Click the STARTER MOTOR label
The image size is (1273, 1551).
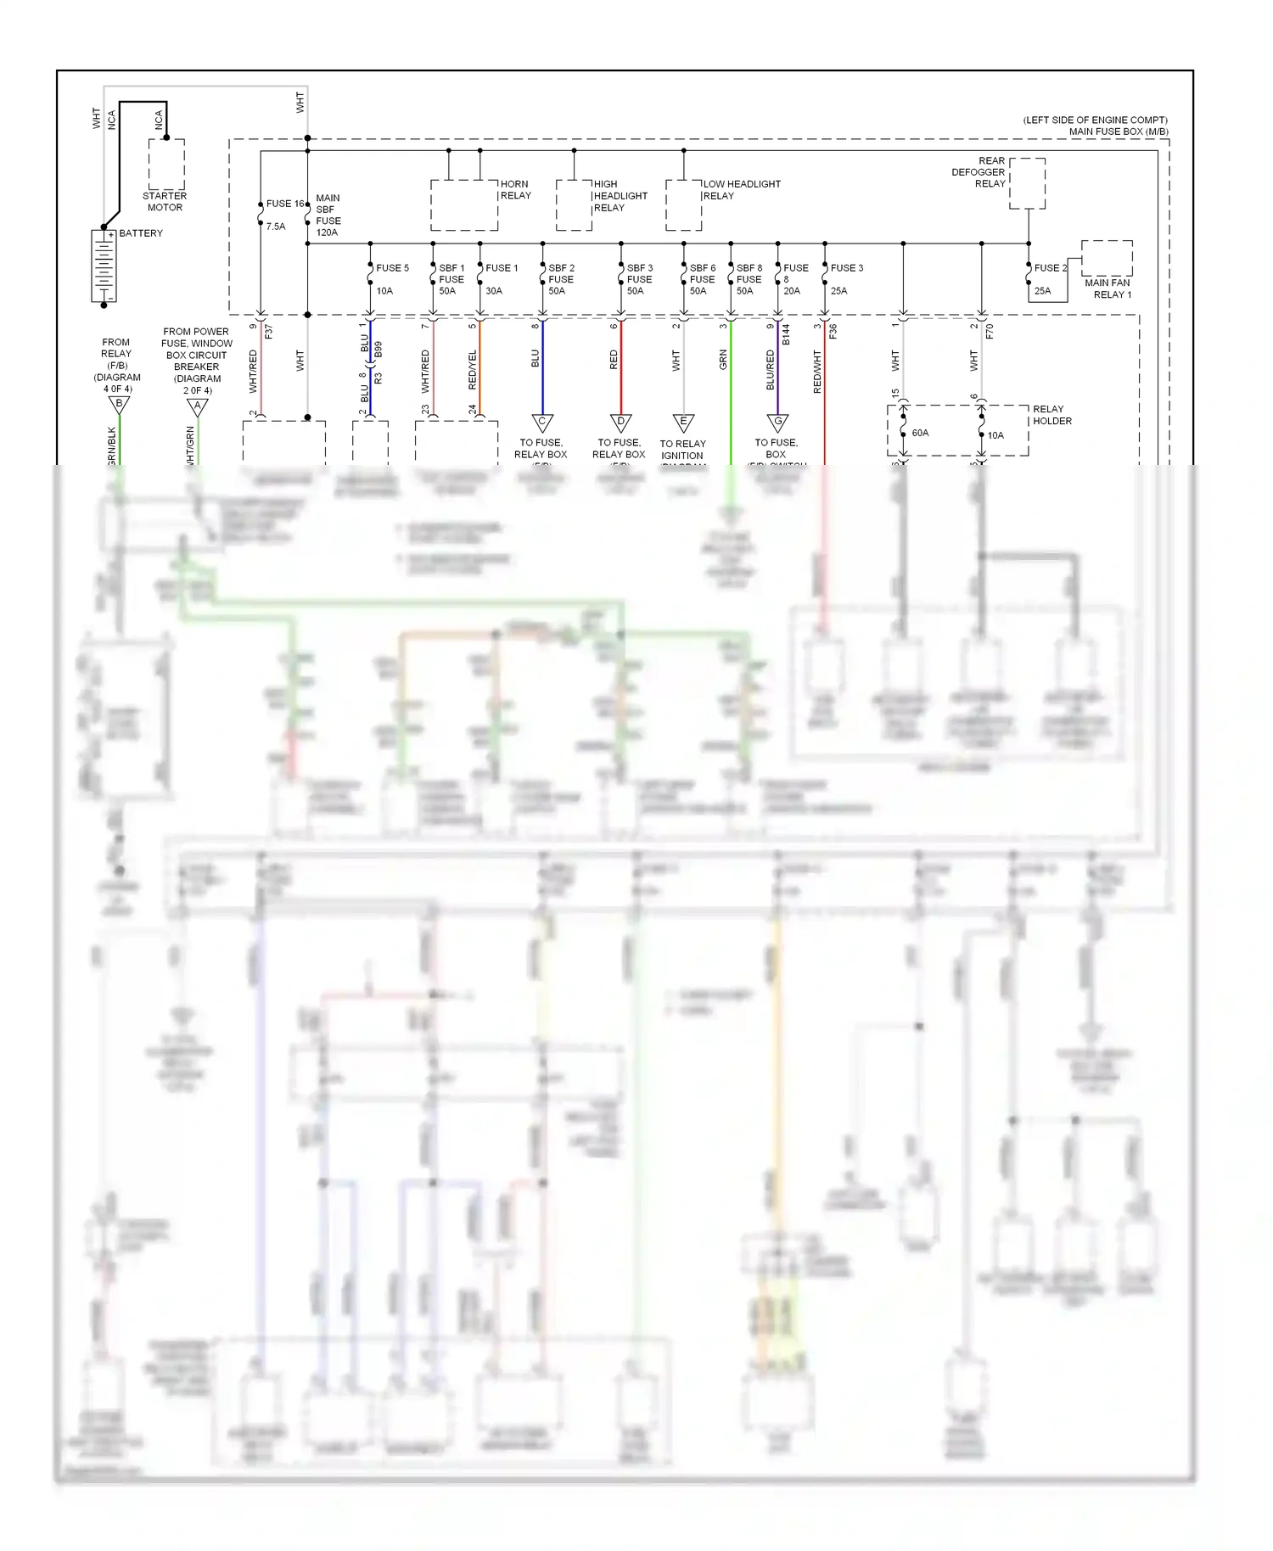(x=165, y=202)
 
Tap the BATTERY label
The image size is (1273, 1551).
(x=141, y=233)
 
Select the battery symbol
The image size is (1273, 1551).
(x=104, y=266)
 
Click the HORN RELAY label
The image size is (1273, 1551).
(x=515, y=190)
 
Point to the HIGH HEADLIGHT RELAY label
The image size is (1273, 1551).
(x=620, y=196)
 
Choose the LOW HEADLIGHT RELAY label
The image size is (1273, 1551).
(x=741, y=190)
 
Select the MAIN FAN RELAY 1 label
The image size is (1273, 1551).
(x=1108, y=288)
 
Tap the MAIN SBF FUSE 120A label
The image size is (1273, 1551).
(x=328, y=216)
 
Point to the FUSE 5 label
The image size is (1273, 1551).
(x=392, y=268)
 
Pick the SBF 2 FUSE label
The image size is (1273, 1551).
(x=561, y=274)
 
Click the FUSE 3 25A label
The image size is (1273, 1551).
(x=846, y=278)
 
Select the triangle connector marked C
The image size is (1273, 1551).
(x=542, y=423)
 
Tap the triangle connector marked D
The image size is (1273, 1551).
(x=620, y=423)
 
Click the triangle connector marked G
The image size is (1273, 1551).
(x=777, y=423)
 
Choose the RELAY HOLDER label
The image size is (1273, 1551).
(x=1051, y=415)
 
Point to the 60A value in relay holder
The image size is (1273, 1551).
(x=920, y=433)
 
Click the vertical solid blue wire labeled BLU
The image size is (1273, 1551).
(x=542, y=365)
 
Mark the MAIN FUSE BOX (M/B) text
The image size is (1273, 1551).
(x=1118, y=132)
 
